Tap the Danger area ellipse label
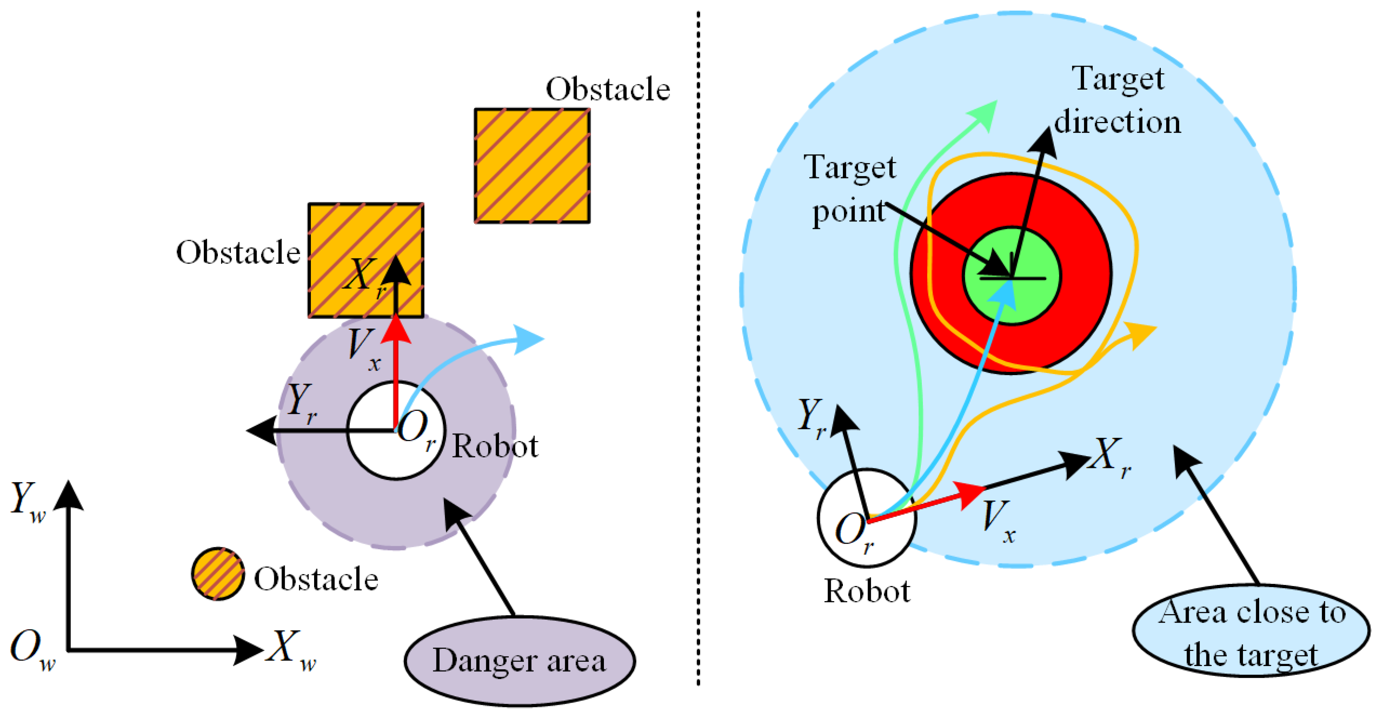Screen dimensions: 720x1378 [x=519, y=661]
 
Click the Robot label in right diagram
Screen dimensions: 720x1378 [x=866, y=591]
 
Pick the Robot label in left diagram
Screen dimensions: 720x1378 [x=495, y=446]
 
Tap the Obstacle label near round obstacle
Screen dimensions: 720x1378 [x=316, y=579]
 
